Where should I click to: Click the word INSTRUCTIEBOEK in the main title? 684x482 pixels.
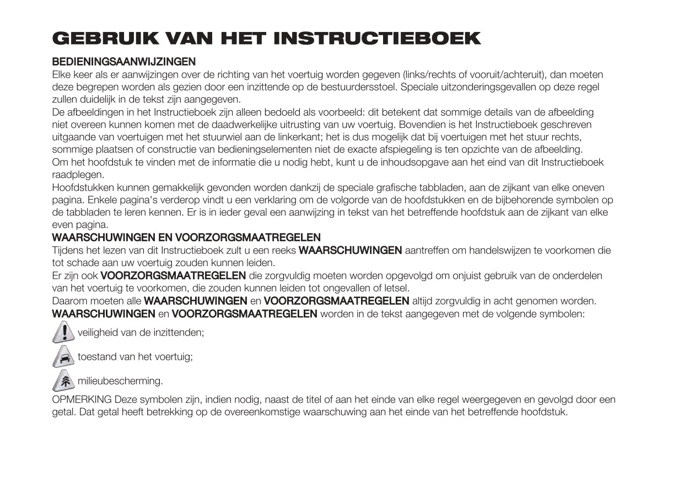click(x=376, y=38)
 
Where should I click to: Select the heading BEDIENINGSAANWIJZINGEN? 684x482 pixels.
click(x=123, y=62)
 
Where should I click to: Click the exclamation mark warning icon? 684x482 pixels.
click(x=64, y=332)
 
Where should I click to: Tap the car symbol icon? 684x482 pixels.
click(x=64, y=356)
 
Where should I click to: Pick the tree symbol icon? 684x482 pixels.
click(x=64, y=381)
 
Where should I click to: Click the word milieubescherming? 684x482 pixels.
click(x=120, y=381)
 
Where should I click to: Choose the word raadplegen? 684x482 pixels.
click(x=78, y=175)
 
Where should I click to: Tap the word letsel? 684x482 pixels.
click(x=396, y=288)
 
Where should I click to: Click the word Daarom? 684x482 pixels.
click(x=68, y=301)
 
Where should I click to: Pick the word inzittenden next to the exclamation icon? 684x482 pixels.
click(x=179, y=332)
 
